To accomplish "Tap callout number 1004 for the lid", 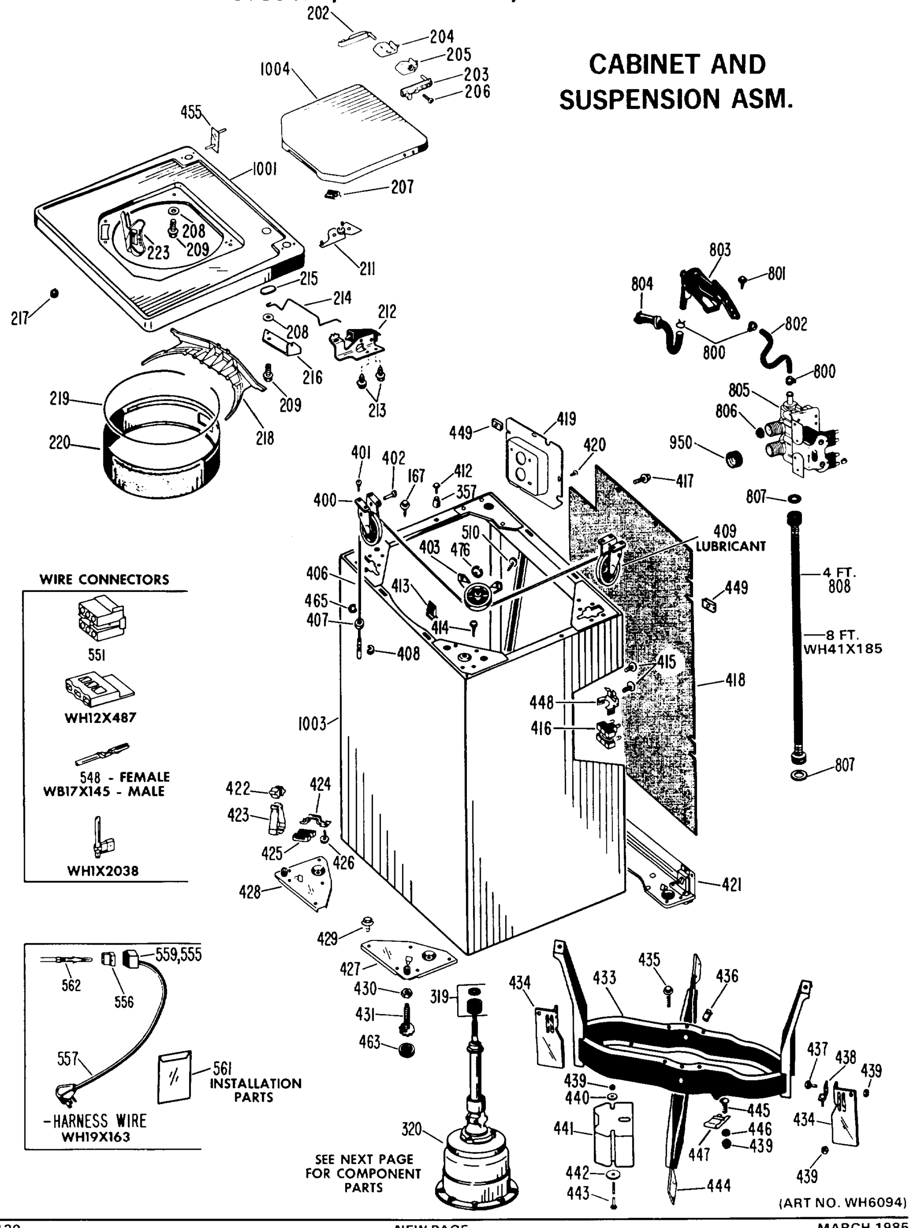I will click(275, 70).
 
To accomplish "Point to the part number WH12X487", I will click(100, 718).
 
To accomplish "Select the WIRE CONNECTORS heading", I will click(104, 580).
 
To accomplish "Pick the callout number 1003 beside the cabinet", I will click(312, 724).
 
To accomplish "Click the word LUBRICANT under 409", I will click(731, 546).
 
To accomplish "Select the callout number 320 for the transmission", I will click(412, 1129).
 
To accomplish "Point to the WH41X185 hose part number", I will click(843, 648).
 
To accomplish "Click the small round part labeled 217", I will click(54, 293).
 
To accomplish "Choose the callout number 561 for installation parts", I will click(222, 1067).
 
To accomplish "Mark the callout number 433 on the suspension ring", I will click(604, 977).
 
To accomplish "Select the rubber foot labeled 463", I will click(407, 1049).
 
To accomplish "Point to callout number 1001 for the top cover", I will click(264, 169).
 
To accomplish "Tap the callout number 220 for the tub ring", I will click(59, 443).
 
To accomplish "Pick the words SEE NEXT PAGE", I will click(364, 1159).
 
